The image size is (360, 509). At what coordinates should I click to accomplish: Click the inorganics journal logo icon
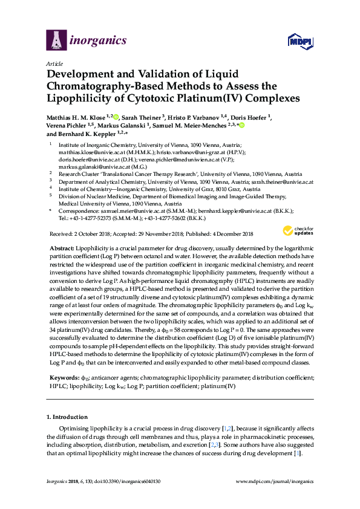56,41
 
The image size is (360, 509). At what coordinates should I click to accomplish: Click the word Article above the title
53,63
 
